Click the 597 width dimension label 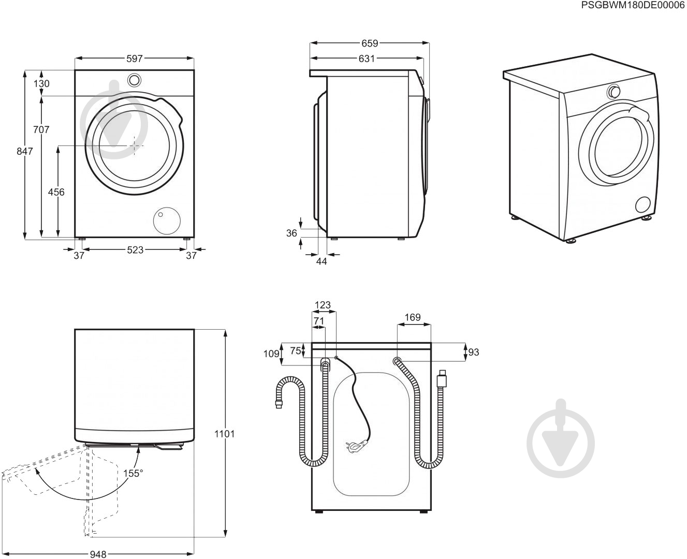(x=134, y=58)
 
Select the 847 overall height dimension (x=24, y=151)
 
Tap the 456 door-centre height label (x=56, y=192)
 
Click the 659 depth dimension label (x=370, y=43)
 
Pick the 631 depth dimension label (x=366, y=59)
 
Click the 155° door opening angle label (x=133, y=473)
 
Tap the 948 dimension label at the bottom (x=97, y=554)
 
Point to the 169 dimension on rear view (x=413, y=317)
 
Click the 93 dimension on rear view (x=473, y=352)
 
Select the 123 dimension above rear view (x=323, y=305)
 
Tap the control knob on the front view (x=134, y=80)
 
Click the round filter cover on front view (x=167, y=221)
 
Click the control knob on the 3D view (x=614, y=92)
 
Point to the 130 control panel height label (x=42, y=83)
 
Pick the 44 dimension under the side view (x=321, y=261)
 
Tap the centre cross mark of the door (x=135, y=146)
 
